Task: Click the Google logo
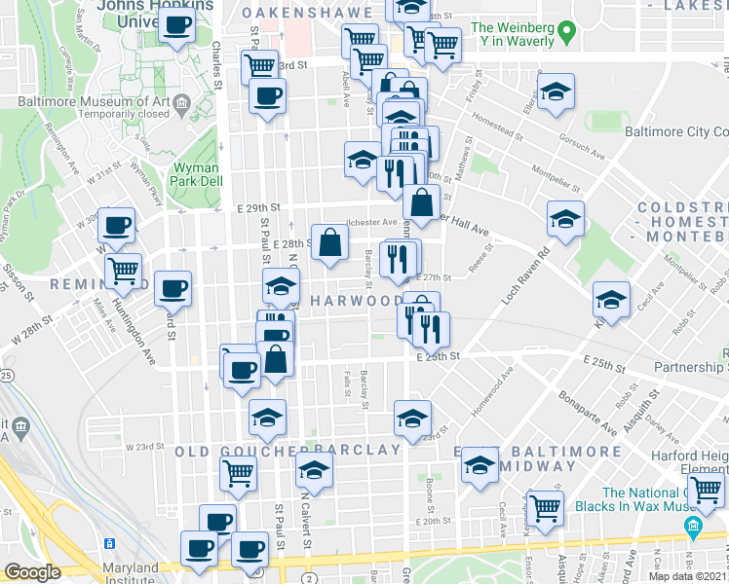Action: (32, 572)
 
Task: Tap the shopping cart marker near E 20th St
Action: (545, 506)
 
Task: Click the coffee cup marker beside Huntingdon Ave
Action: (173, 287)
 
